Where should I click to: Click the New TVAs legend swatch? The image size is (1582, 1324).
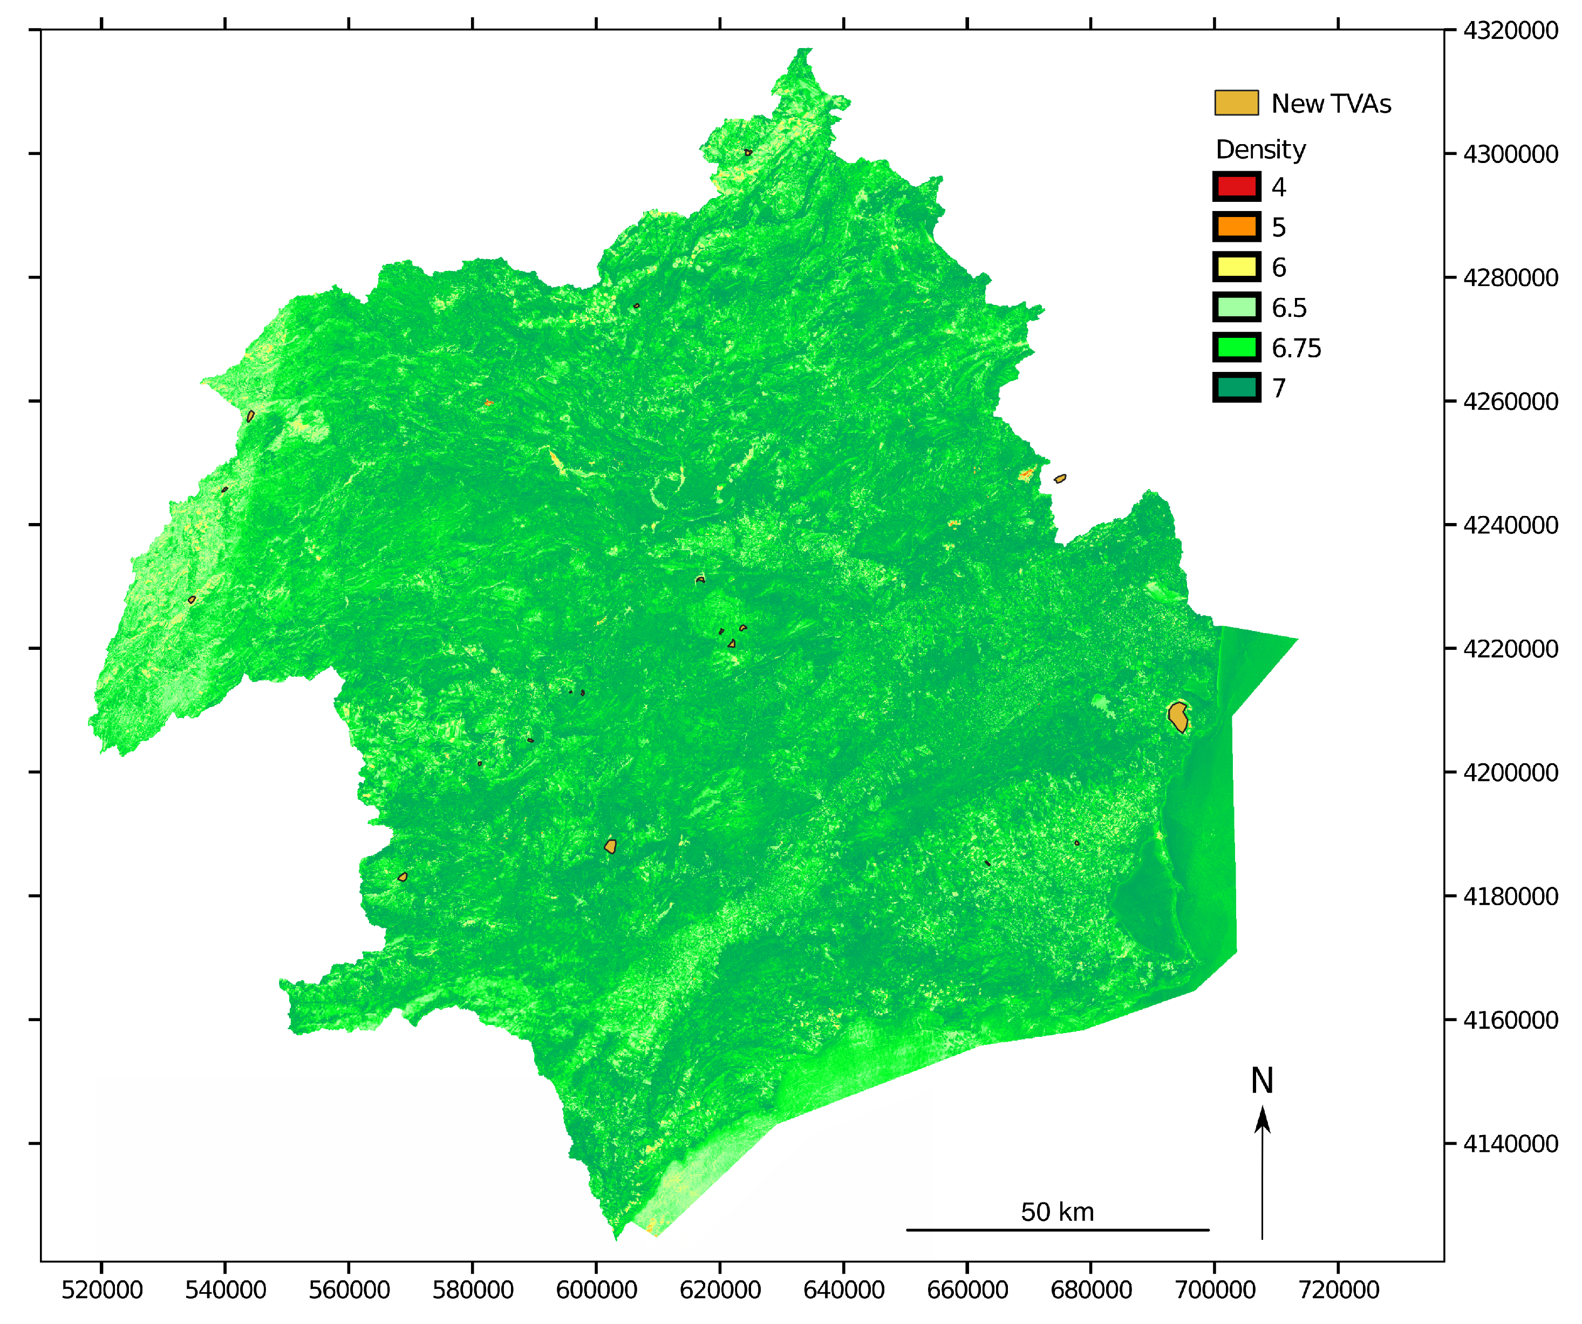click(x=1236, y=103)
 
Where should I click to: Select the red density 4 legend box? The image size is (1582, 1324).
click(x=1236, y=186)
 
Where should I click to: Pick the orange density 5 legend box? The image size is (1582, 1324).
click(x=1236, y=227)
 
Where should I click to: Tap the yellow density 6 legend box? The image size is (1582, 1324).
click(x=1236, y=267)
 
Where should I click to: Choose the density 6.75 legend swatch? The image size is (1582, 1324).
click(x=1236, y=348)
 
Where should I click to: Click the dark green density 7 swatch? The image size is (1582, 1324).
click(x=1236, y=388)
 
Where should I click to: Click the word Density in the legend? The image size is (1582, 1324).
click(x=1260, y=149)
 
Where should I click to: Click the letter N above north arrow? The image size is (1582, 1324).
click(x=1262, y=1081)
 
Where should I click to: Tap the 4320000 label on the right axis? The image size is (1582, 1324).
click(x=1510, y=31)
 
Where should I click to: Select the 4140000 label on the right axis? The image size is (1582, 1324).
click(x=1510, y=1144)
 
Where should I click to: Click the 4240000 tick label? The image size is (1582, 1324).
click(x=1510, y=525)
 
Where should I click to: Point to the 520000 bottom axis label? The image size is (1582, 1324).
click(x=101, y=1290)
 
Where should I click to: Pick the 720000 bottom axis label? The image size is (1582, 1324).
click(x=1339, y=1290)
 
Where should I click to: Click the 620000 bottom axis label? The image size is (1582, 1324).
click(x=720, y=1290)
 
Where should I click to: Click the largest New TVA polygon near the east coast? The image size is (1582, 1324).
click(x=1178, y=715)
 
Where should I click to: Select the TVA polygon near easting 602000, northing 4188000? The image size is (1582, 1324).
click(x=610, y=846)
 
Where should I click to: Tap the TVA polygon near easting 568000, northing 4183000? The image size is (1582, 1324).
click(x=403, y=877)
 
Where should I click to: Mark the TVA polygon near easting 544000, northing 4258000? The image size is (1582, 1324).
click(x=250, y=416)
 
